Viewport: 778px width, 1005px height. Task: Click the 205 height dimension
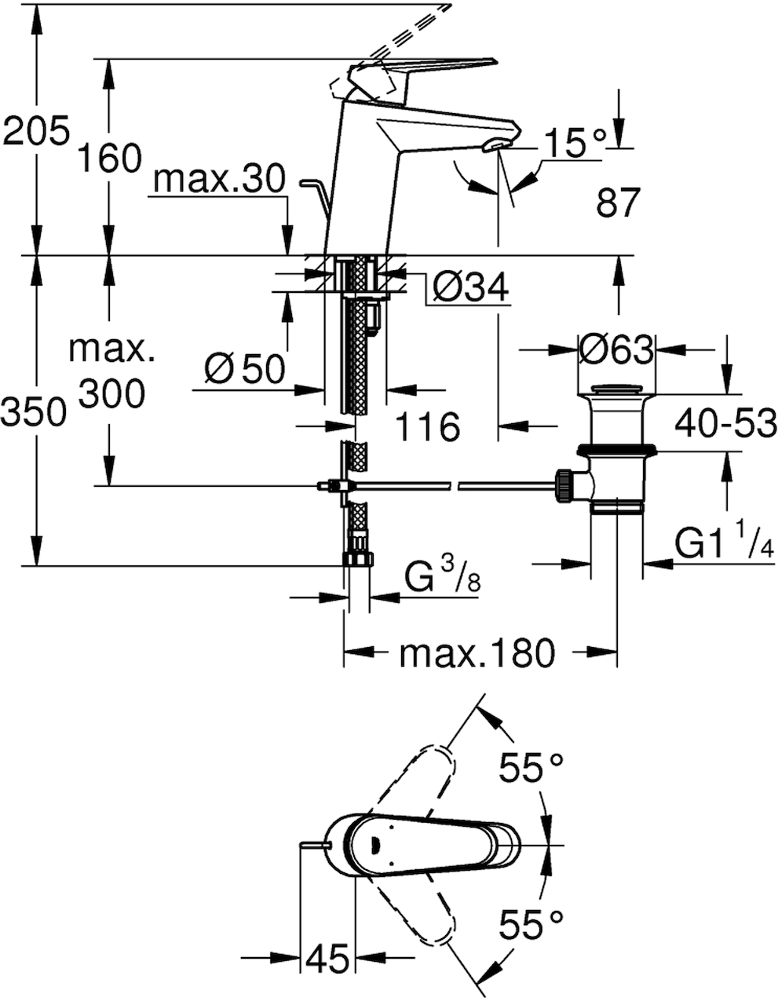tap(36, 130)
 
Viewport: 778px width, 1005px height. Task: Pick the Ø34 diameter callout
tap(470, 287)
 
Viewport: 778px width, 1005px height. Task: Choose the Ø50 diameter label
tap(244, 368)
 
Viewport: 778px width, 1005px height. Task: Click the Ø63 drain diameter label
tap(616, 349)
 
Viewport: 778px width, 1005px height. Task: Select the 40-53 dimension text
tap(725, 423)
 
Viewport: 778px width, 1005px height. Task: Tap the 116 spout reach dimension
tap(428, 426)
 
